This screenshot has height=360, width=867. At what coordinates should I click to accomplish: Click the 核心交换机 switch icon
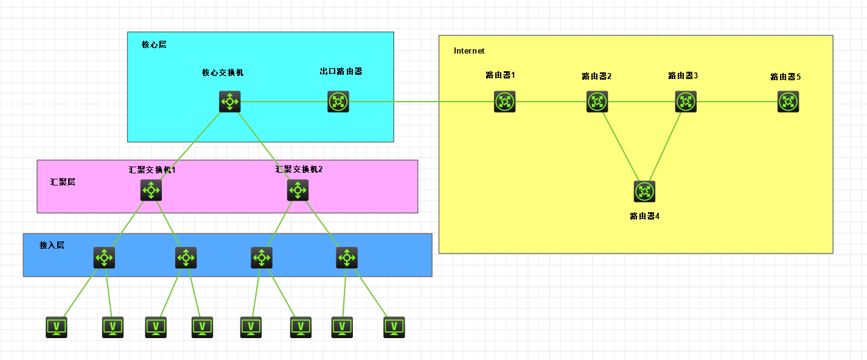[230, 102]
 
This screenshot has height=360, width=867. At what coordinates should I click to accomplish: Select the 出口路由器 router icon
[338, 102]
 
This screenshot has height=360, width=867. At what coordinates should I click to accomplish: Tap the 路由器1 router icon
[504, 102]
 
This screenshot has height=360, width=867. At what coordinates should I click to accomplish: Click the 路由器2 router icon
[597, 102]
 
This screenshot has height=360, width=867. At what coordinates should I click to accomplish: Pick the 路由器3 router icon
[686, 102]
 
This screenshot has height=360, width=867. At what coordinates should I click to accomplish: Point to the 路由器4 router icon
[644, 192]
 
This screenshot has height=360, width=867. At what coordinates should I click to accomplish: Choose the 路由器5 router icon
[788, 102]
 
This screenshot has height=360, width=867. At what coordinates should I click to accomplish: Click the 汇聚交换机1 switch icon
[151, 190]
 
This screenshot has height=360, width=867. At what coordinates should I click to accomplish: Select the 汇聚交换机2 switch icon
[298, 190]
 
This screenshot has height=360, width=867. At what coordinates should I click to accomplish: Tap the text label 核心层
[154, 45]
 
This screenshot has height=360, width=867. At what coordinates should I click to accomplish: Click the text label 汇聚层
[63, 182]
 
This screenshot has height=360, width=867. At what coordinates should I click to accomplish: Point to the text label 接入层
[52, 245]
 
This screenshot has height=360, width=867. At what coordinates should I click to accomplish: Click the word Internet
[469, 51]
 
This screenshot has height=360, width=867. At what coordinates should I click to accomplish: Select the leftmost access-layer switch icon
[104, 258]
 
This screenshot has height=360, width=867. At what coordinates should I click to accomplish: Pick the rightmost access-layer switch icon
[347, 258]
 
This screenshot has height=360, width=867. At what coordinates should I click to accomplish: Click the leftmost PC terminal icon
[57, 327]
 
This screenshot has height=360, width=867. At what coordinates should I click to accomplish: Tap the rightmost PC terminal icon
[394, 327]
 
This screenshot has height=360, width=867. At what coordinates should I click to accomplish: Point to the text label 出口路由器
[341, 72]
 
